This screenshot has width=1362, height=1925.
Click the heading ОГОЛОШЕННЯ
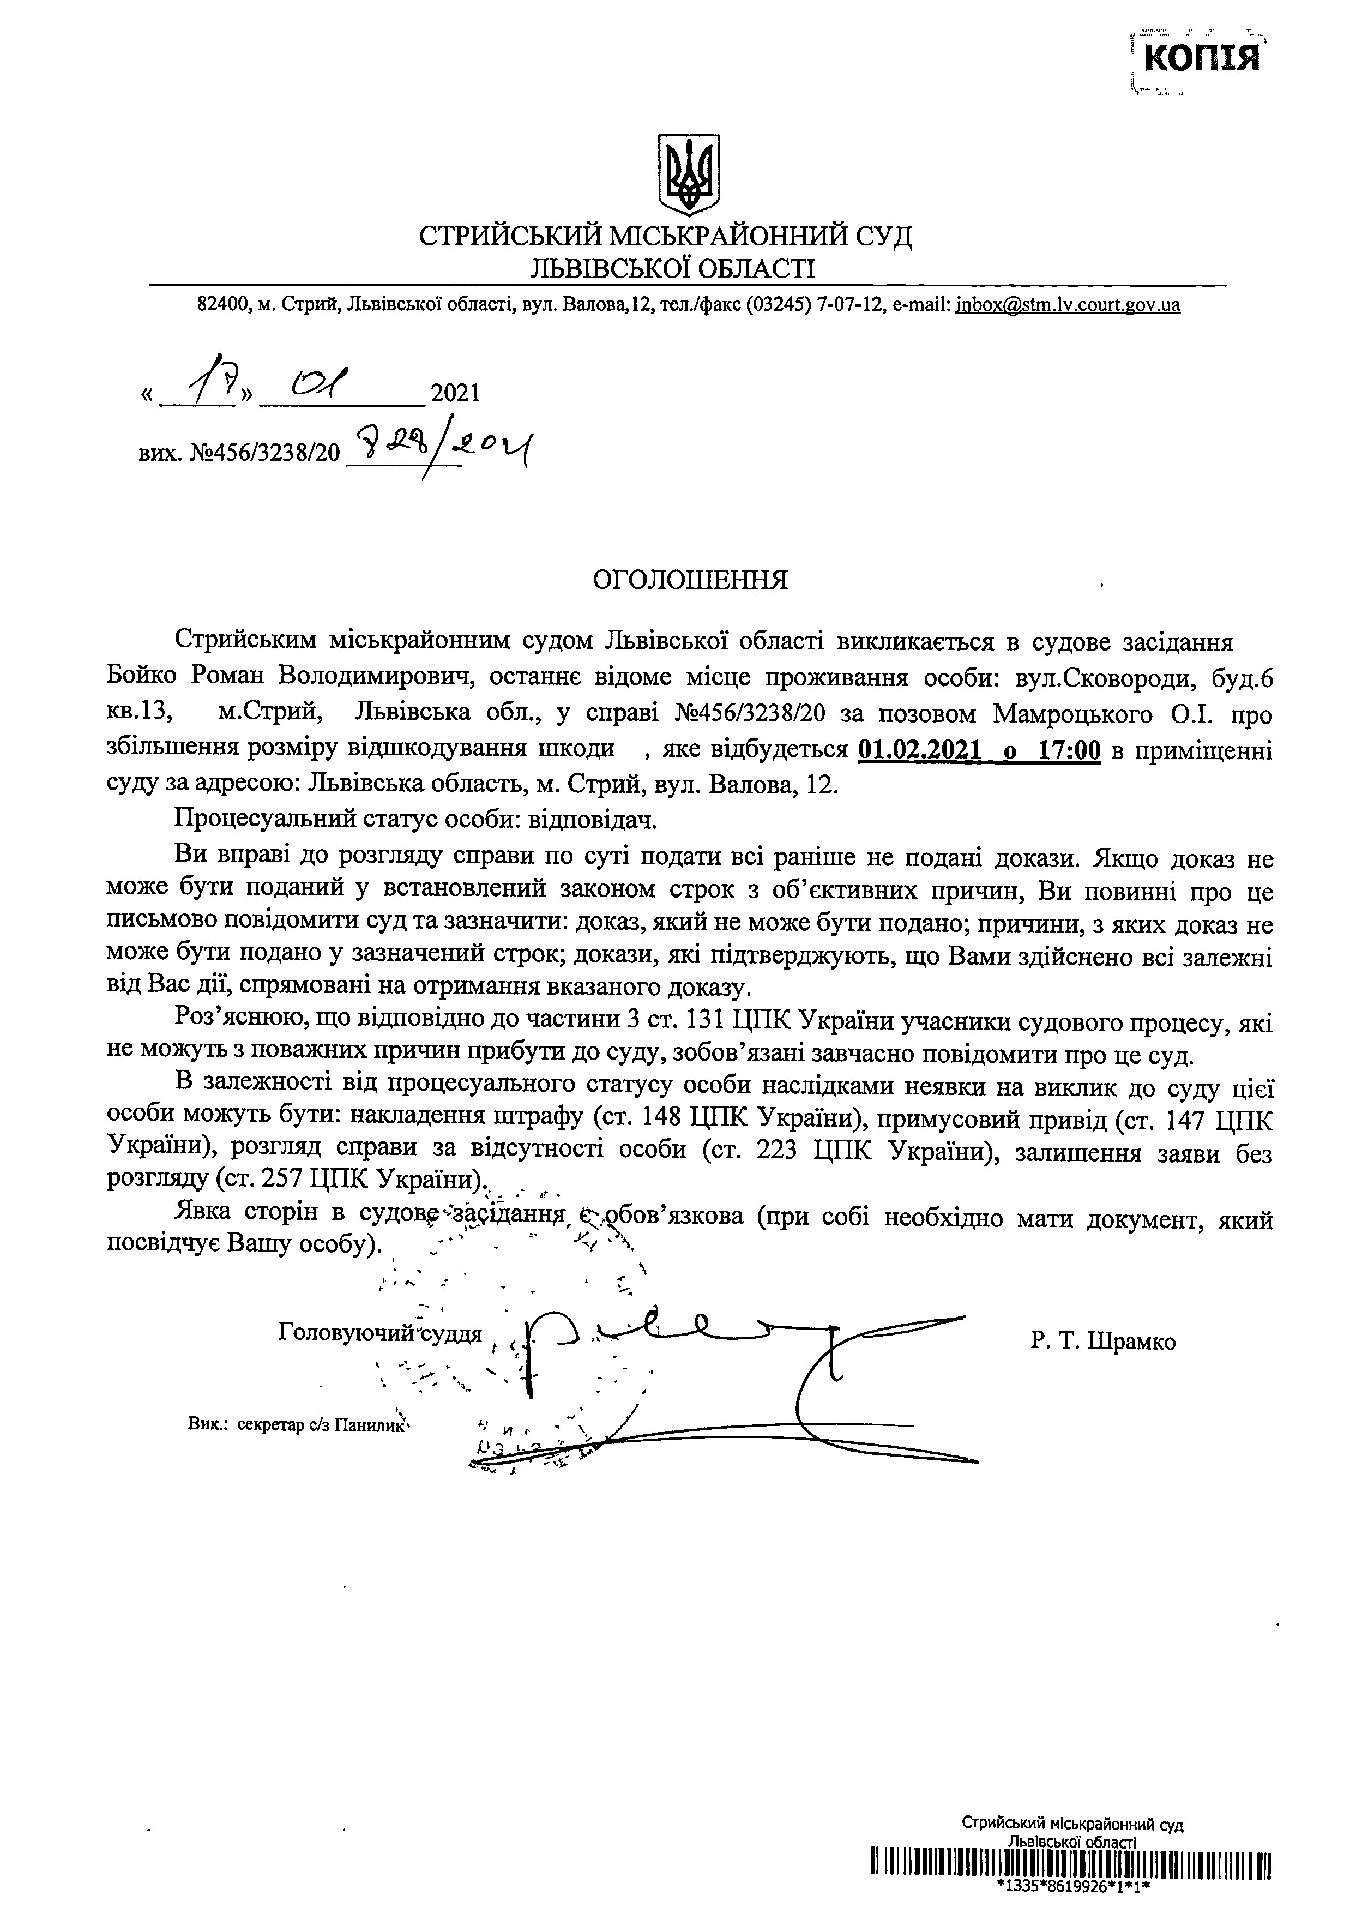click(690, 580)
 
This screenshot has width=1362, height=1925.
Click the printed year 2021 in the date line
click(455, 393)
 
